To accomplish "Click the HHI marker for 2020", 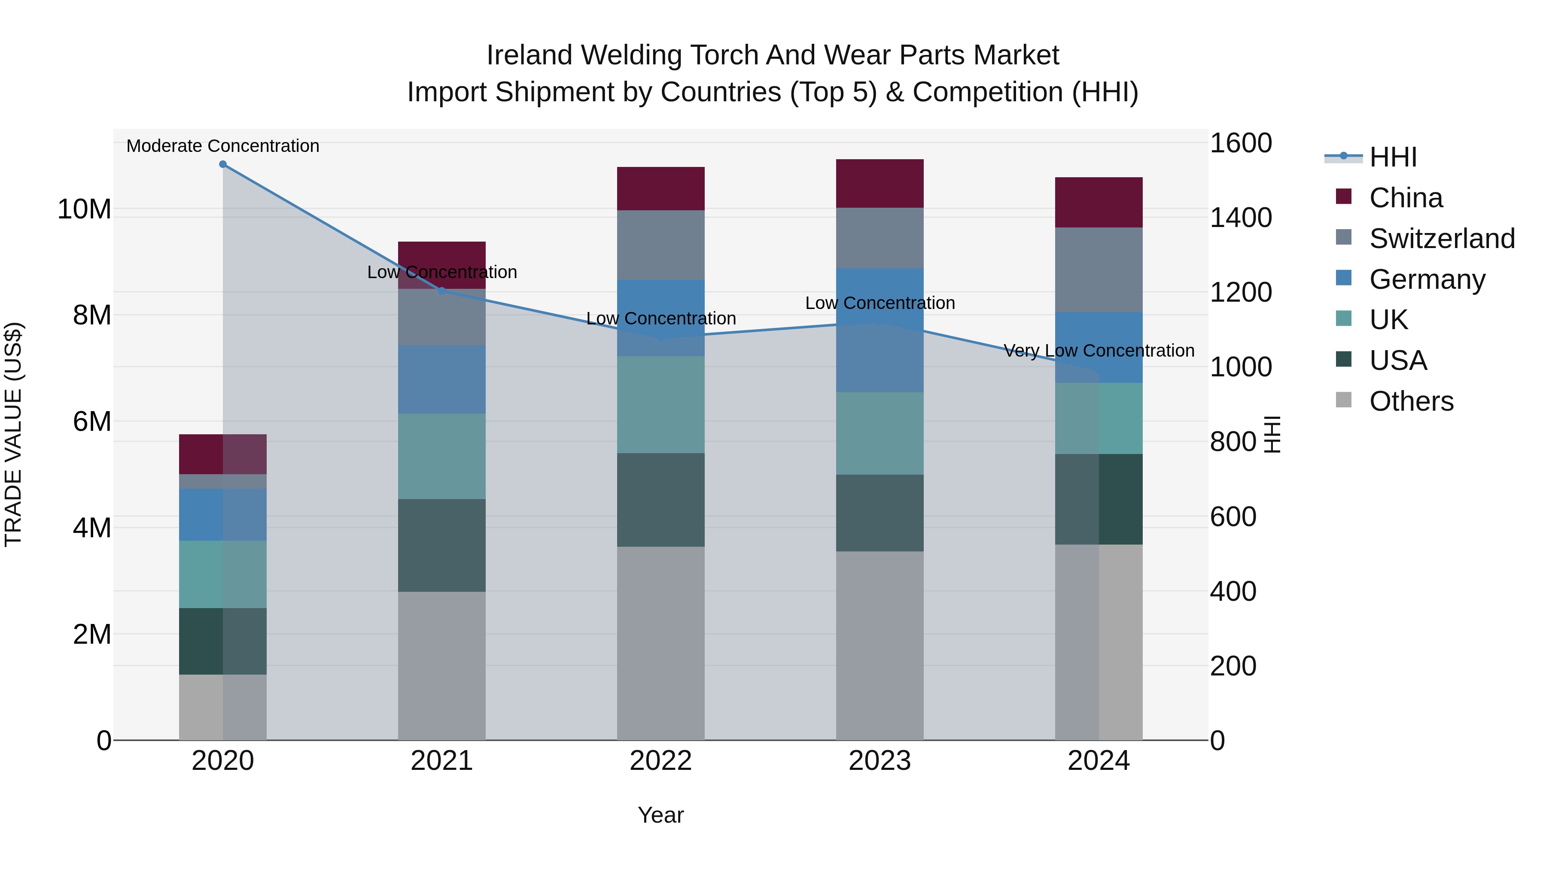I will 222,164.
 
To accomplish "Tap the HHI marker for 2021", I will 442,291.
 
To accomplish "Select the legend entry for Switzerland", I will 1442,239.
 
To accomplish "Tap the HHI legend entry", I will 1392,157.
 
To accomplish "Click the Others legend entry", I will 1410,401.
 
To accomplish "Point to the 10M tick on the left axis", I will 84,209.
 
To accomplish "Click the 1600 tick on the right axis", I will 1240,143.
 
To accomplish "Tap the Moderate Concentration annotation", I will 222,146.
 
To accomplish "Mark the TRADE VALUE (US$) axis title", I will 13,434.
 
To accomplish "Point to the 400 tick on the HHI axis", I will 1233,591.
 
